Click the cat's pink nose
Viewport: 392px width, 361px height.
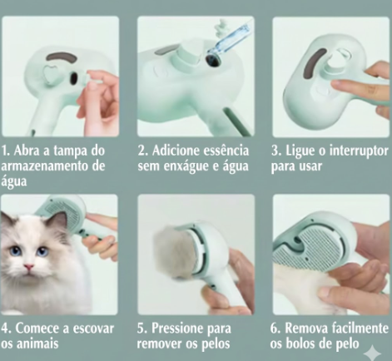click(x=29, y=268)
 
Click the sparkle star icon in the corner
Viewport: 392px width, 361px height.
click(x=373, y=353)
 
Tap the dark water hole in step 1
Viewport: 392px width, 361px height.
click(x=74, y=79)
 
